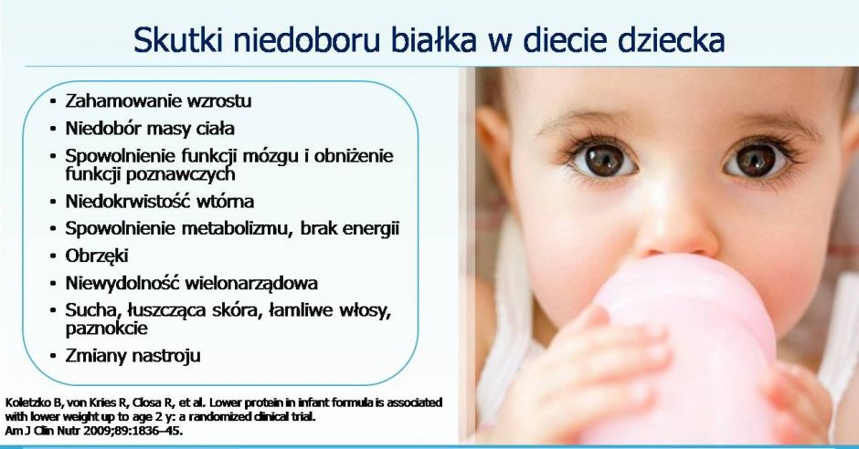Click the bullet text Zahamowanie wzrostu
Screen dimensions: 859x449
[x=158, y=101]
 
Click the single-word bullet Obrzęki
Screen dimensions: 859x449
[x=97, y=256]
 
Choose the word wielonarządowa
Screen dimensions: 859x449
[x=251, y=283]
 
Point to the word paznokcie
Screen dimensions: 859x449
[x=106, y=329]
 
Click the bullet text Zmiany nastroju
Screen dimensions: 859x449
[x=133, y=356]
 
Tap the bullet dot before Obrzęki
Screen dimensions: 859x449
[x=53, y=256]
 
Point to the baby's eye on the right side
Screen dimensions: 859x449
[x=756, y=160]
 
